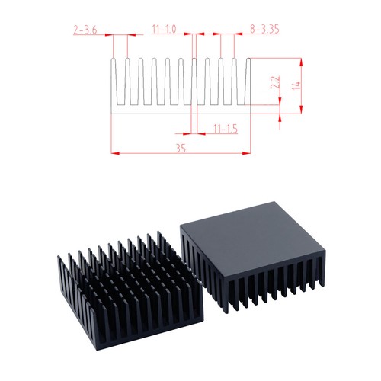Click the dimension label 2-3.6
(84, 30)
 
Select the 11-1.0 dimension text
(164, 30)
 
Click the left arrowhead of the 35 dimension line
(116, 153)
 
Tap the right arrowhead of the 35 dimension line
(248, 153)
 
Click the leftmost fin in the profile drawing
(115, 80)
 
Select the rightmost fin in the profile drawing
(248, 80)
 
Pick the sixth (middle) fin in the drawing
(181, 80)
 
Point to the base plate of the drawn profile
(181, 109)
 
